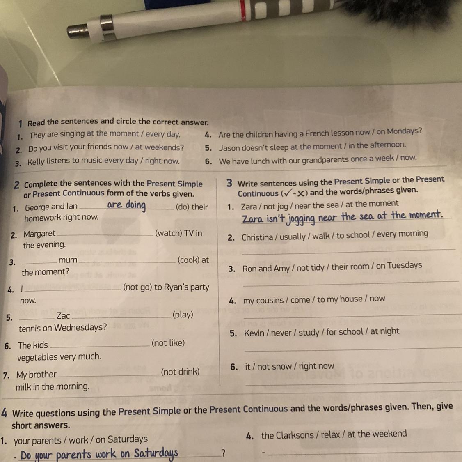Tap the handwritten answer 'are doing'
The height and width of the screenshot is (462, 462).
click(126, 205)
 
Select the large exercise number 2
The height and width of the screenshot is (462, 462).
click(17, 185)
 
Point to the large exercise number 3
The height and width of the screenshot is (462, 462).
click(229, 183)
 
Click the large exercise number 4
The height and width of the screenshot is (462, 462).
click(4, 412)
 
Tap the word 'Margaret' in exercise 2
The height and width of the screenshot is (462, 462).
click(39, 234)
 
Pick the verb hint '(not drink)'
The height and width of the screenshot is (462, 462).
click(180, 372)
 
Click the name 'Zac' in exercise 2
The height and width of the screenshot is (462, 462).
click(63, 316)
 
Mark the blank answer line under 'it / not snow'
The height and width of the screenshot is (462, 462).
click(353, 384)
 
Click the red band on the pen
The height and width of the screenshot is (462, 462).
click(243, 10)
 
